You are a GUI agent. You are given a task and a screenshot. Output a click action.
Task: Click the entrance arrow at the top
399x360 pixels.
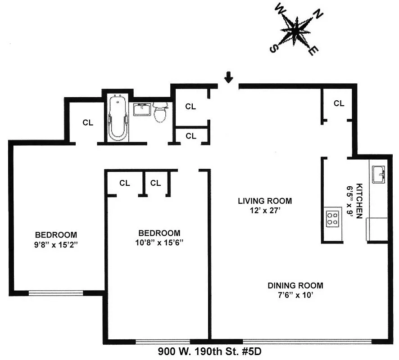229,78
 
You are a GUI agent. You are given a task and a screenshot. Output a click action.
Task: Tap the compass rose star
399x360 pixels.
296,30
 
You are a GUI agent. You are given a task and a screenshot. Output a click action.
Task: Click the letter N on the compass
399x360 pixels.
318,15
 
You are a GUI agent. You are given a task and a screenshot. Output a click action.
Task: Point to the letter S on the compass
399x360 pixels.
273,48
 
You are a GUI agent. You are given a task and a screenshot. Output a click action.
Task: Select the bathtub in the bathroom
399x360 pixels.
118,118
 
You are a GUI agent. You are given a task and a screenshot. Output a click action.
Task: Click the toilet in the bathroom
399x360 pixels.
160,112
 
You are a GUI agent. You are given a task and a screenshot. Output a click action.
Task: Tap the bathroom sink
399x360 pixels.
142,109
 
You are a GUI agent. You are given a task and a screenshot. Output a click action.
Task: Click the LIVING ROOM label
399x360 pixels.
265,201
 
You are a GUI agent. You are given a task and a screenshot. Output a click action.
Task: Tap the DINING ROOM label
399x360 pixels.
295,285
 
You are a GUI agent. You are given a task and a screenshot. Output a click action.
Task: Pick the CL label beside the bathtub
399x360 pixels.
88,122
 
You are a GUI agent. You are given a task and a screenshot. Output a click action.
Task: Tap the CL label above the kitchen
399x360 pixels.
339,103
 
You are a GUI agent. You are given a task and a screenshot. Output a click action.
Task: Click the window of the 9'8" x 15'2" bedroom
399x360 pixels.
56,293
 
